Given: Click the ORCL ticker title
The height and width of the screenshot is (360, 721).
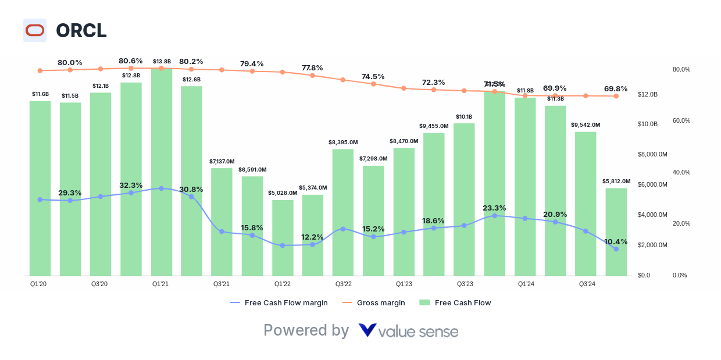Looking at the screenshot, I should [81, 30].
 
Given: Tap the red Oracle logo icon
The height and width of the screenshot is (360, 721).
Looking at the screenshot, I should [35, 30].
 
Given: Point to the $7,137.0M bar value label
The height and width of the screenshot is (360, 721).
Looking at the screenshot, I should [222, 161].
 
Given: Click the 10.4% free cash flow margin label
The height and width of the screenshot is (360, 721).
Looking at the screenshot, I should [616, 242].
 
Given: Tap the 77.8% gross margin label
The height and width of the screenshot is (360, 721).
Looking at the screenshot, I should [312, 68].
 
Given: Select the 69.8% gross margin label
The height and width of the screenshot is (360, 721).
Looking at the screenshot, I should [616, 89].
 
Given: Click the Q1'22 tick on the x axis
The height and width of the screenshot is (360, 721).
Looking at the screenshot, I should [283, 284].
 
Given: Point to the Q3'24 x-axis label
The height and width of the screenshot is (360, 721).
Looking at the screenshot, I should [587, 284].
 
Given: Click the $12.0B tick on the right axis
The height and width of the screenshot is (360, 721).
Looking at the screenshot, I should [647, 94].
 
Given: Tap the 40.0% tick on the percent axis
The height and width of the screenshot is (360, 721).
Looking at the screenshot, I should [681, 172].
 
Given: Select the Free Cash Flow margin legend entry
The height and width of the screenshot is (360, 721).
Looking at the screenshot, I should [279, 302].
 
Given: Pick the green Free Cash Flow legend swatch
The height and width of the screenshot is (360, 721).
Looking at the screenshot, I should [424, 302].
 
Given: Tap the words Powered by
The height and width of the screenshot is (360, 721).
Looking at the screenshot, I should [306, 330].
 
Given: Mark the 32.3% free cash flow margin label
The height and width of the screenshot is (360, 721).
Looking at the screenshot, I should [131, 185].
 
